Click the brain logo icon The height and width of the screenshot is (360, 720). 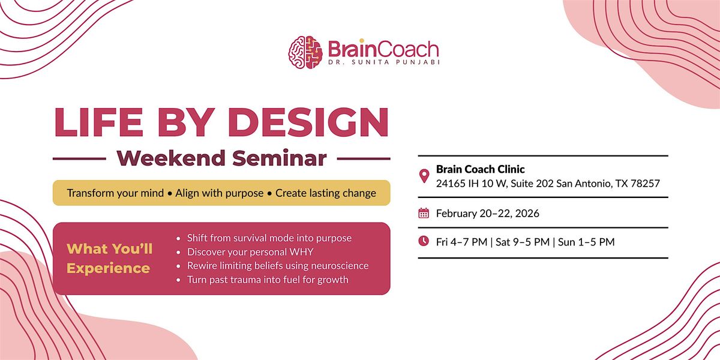[305, 52]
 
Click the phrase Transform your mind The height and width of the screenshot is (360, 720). [115, 193]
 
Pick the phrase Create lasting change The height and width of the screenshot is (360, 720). [326, 193]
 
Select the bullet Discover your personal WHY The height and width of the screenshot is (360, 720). [250, 252]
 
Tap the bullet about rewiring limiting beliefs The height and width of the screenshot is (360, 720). [278, 266]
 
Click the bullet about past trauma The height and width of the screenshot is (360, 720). [268, 280]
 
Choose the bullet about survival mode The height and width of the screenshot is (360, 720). [269, 238]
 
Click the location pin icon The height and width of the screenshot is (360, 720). [424, 176]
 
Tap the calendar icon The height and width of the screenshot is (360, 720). [424, 213]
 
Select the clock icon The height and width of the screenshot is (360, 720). [424, 242]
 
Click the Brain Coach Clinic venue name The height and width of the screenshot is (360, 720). [481, 170]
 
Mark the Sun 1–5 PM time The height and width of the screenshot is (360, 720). [586, 242]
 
